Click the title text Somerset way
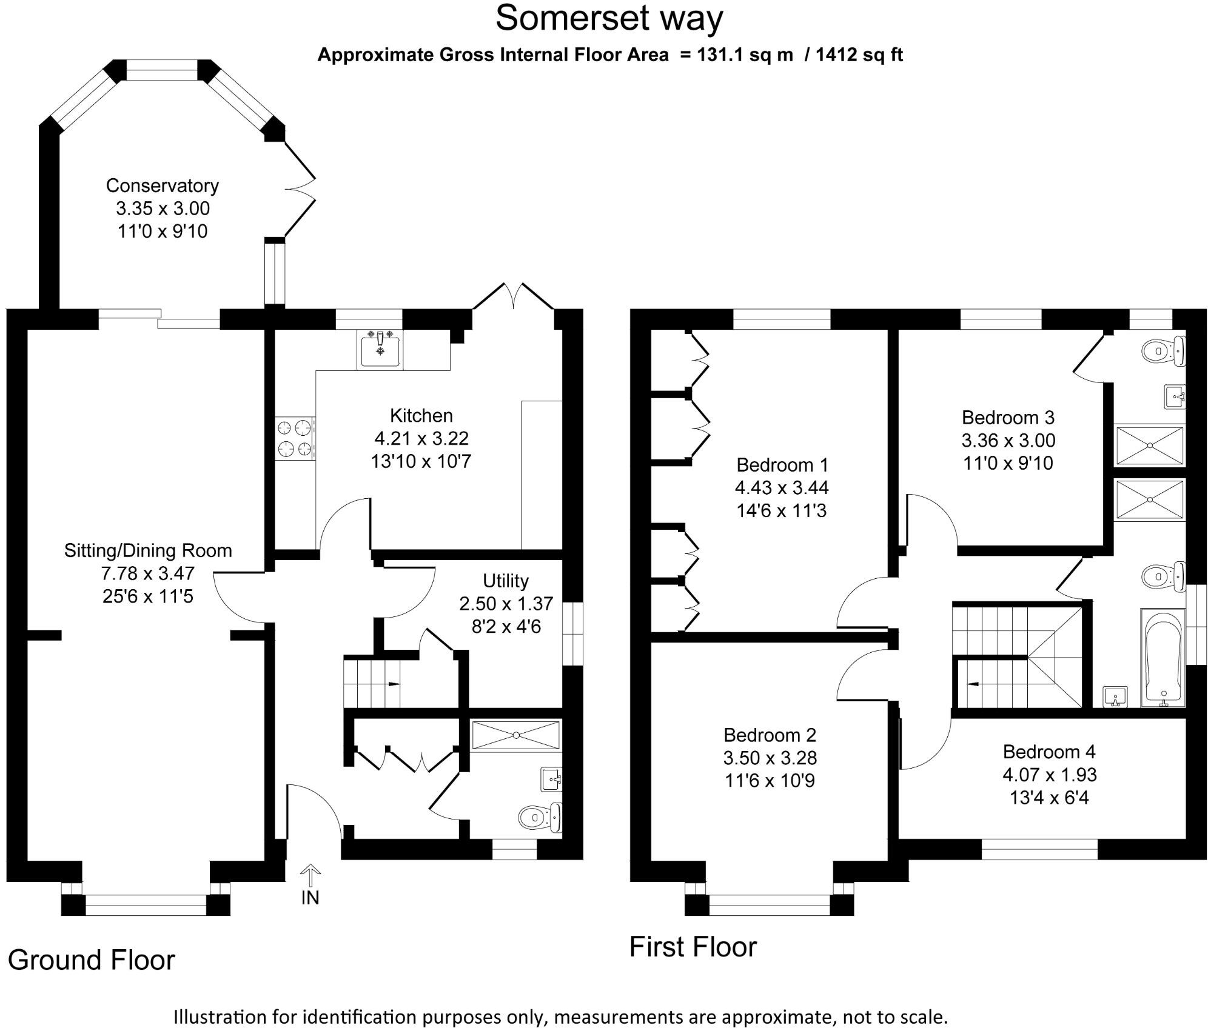(x=609, y=18)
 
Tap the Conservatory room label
(x=162, y=185)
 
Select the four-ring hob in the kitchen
(x=295, y=438)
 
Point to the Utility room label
(x=506, y=581)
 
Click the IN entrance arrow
(x=310, y=876)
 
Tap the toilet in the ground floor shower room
(x=540, y=817)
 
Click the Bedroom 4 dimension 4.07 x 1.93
(x=1049, y=775)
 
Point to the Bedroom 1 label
(x=782, y=465)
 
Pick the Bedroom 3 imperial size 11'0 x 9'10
(x=1008, y=463)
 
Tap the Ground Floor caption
(x=92, y=960)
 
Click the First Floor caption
(x=693, y=947)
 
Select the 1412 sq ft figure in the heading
(x=859, y=55)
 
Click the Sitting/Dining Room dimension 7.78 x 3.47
(x=148, y=573)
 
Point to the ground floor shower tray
(x=516, y=735)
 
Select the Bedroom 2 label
(x=770, y=735)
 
